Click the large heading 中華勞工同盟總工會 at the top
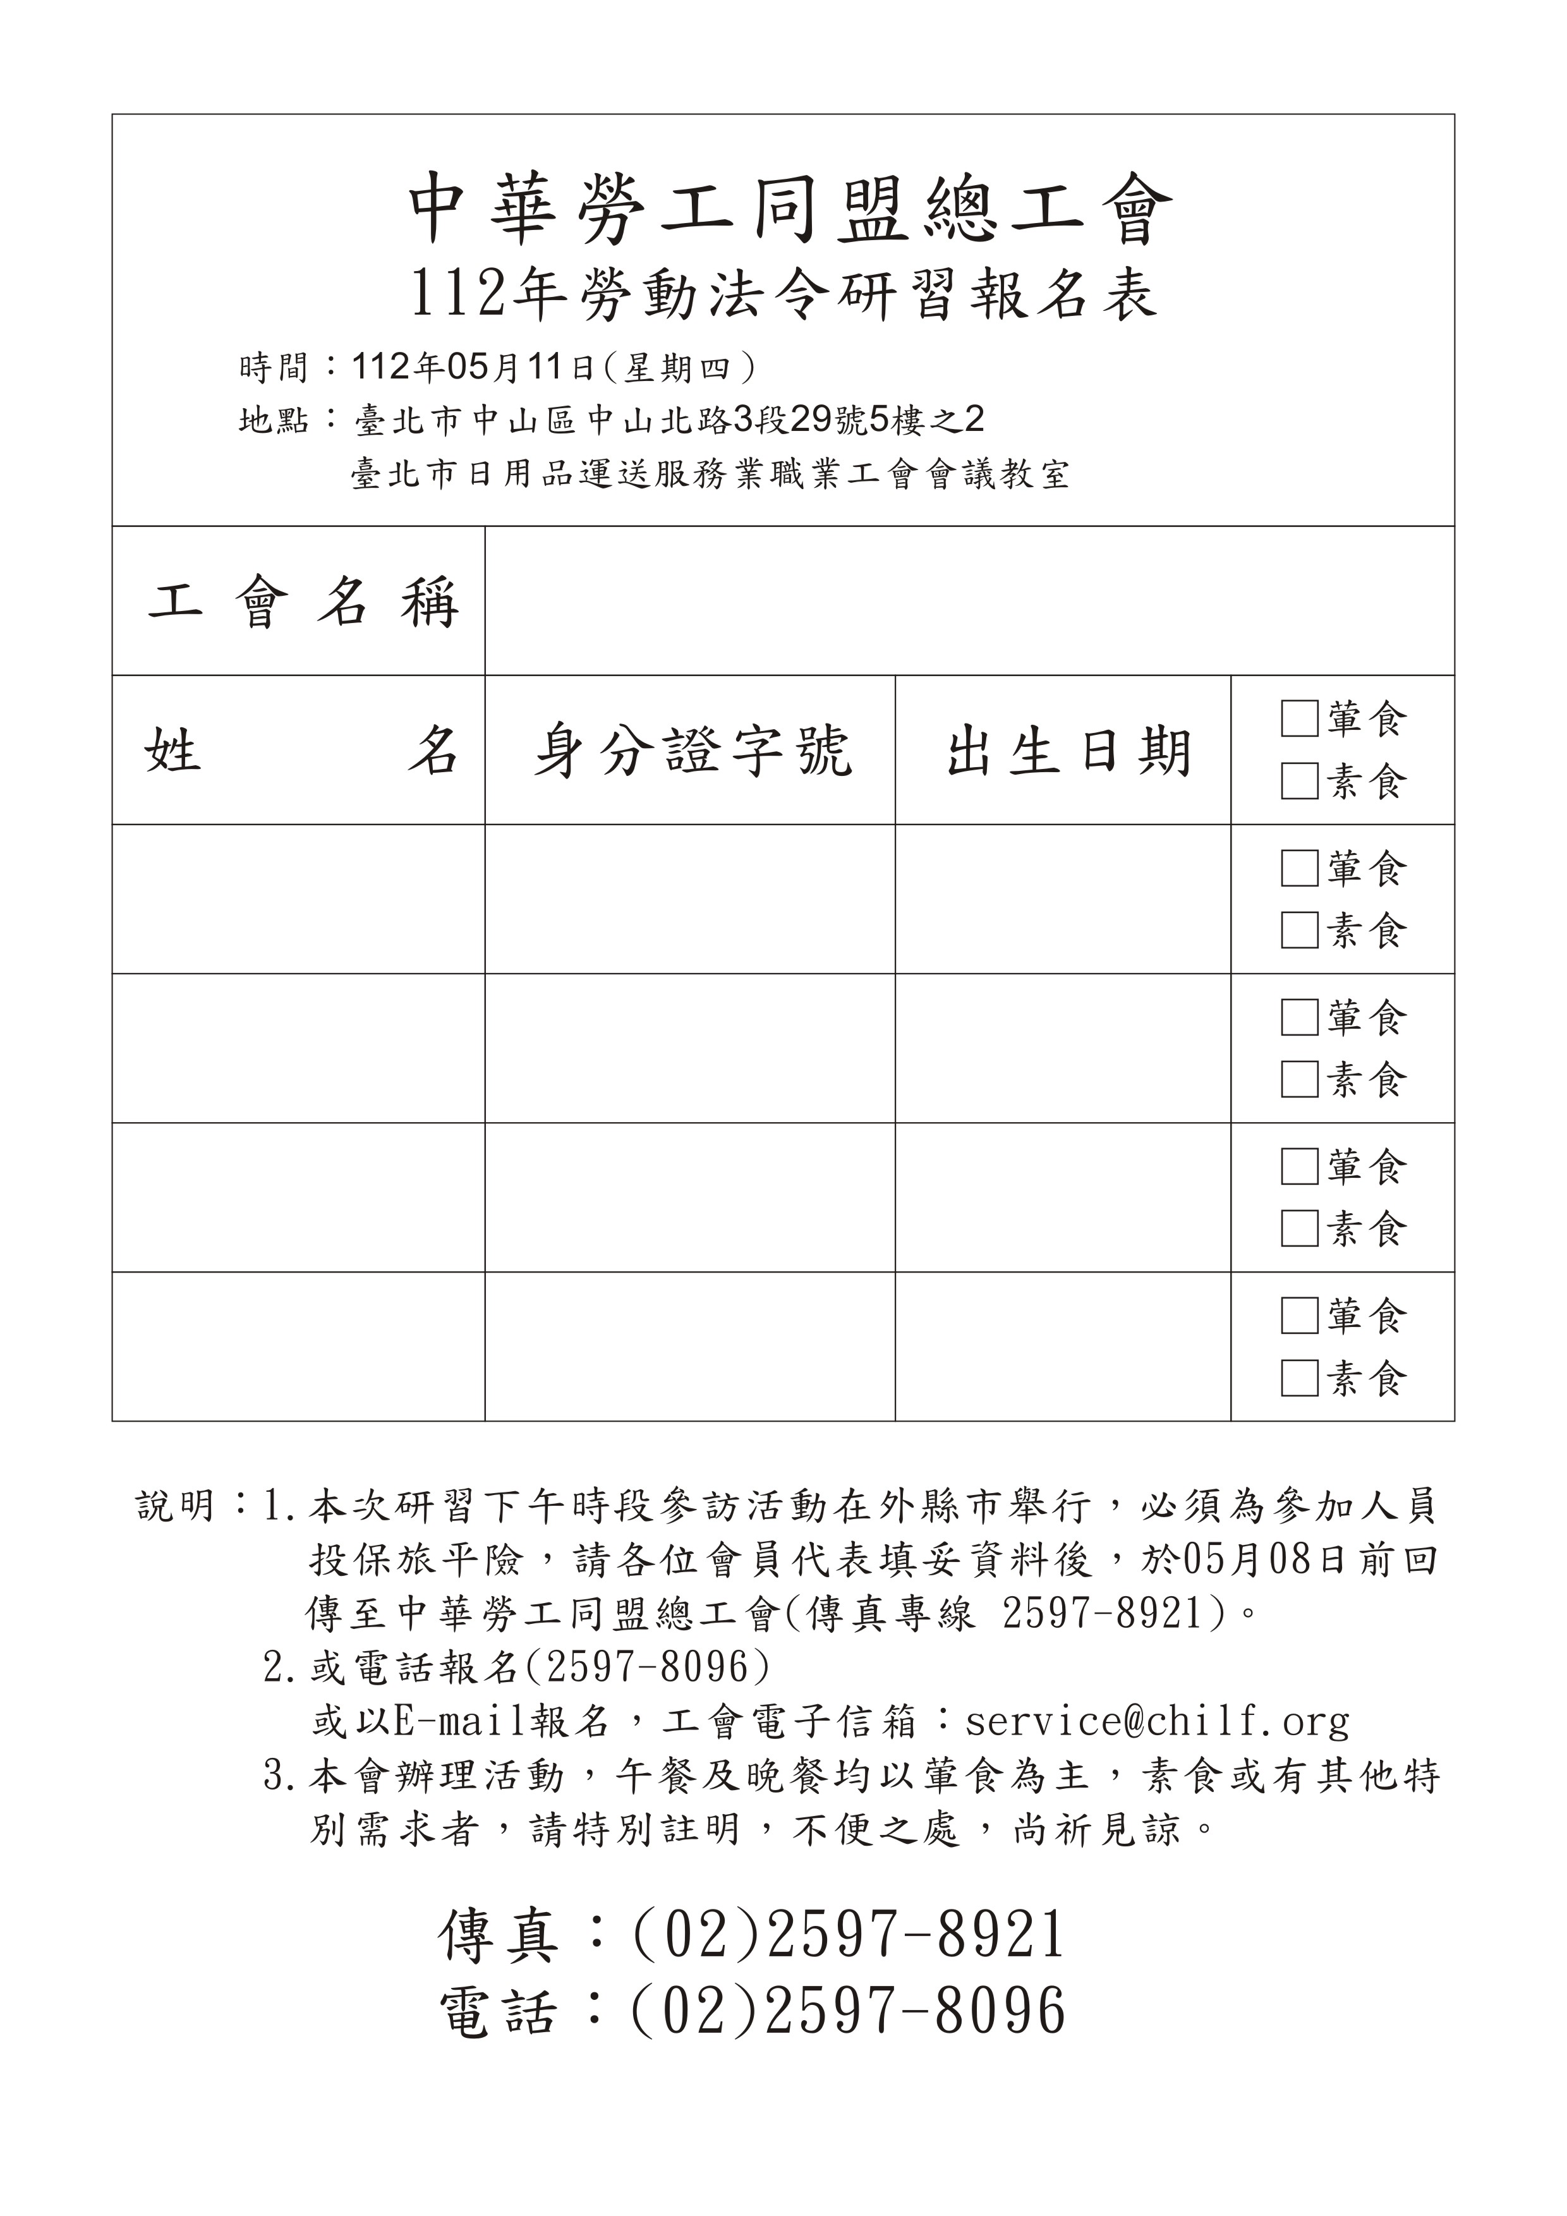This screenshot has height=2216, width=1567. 789,209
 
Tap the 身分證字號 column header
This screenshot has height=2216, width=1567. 692,751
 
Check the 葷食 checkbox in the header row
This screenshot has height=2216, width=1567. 1298,718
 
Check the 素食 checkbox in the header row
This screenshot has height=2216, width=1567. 1298,781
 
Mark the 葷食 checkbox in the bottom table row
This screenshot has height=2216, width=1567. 1298,1316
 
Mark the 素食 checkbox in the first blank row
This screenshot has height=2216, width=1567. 1298,930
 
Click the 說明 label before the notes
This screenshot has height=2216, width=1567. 174,1506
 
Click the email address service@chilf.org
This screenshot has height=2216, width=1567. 1156,1721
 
